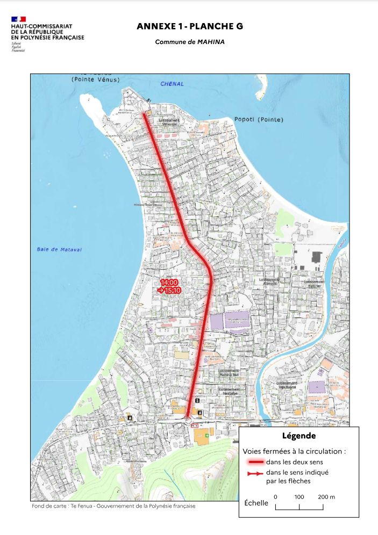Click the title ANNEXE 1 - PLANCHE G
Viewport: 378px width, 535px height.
(x=186, y=26)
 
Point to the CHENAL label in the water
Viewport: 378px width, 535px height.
(x=172, y=84)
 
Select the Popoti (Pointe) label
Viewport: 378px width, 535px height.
(x=259, y=119)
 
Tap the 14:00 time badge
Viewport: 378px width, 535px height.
(x=169, y=283)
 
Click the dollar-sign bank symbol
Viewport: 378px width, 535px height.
(x=198, y=401)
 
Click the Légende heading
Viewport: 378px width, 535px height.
(x=298, y=436)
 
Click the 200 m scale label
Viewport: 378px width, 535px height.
(x=326, y=497)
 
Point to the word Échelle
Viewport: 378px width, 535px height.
(x=256, y=503)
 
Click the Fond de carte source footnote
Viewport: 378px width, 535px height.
(x=113, y=506)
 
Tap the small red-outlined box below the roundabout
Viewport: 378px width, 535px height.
(x=195, y=425)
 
